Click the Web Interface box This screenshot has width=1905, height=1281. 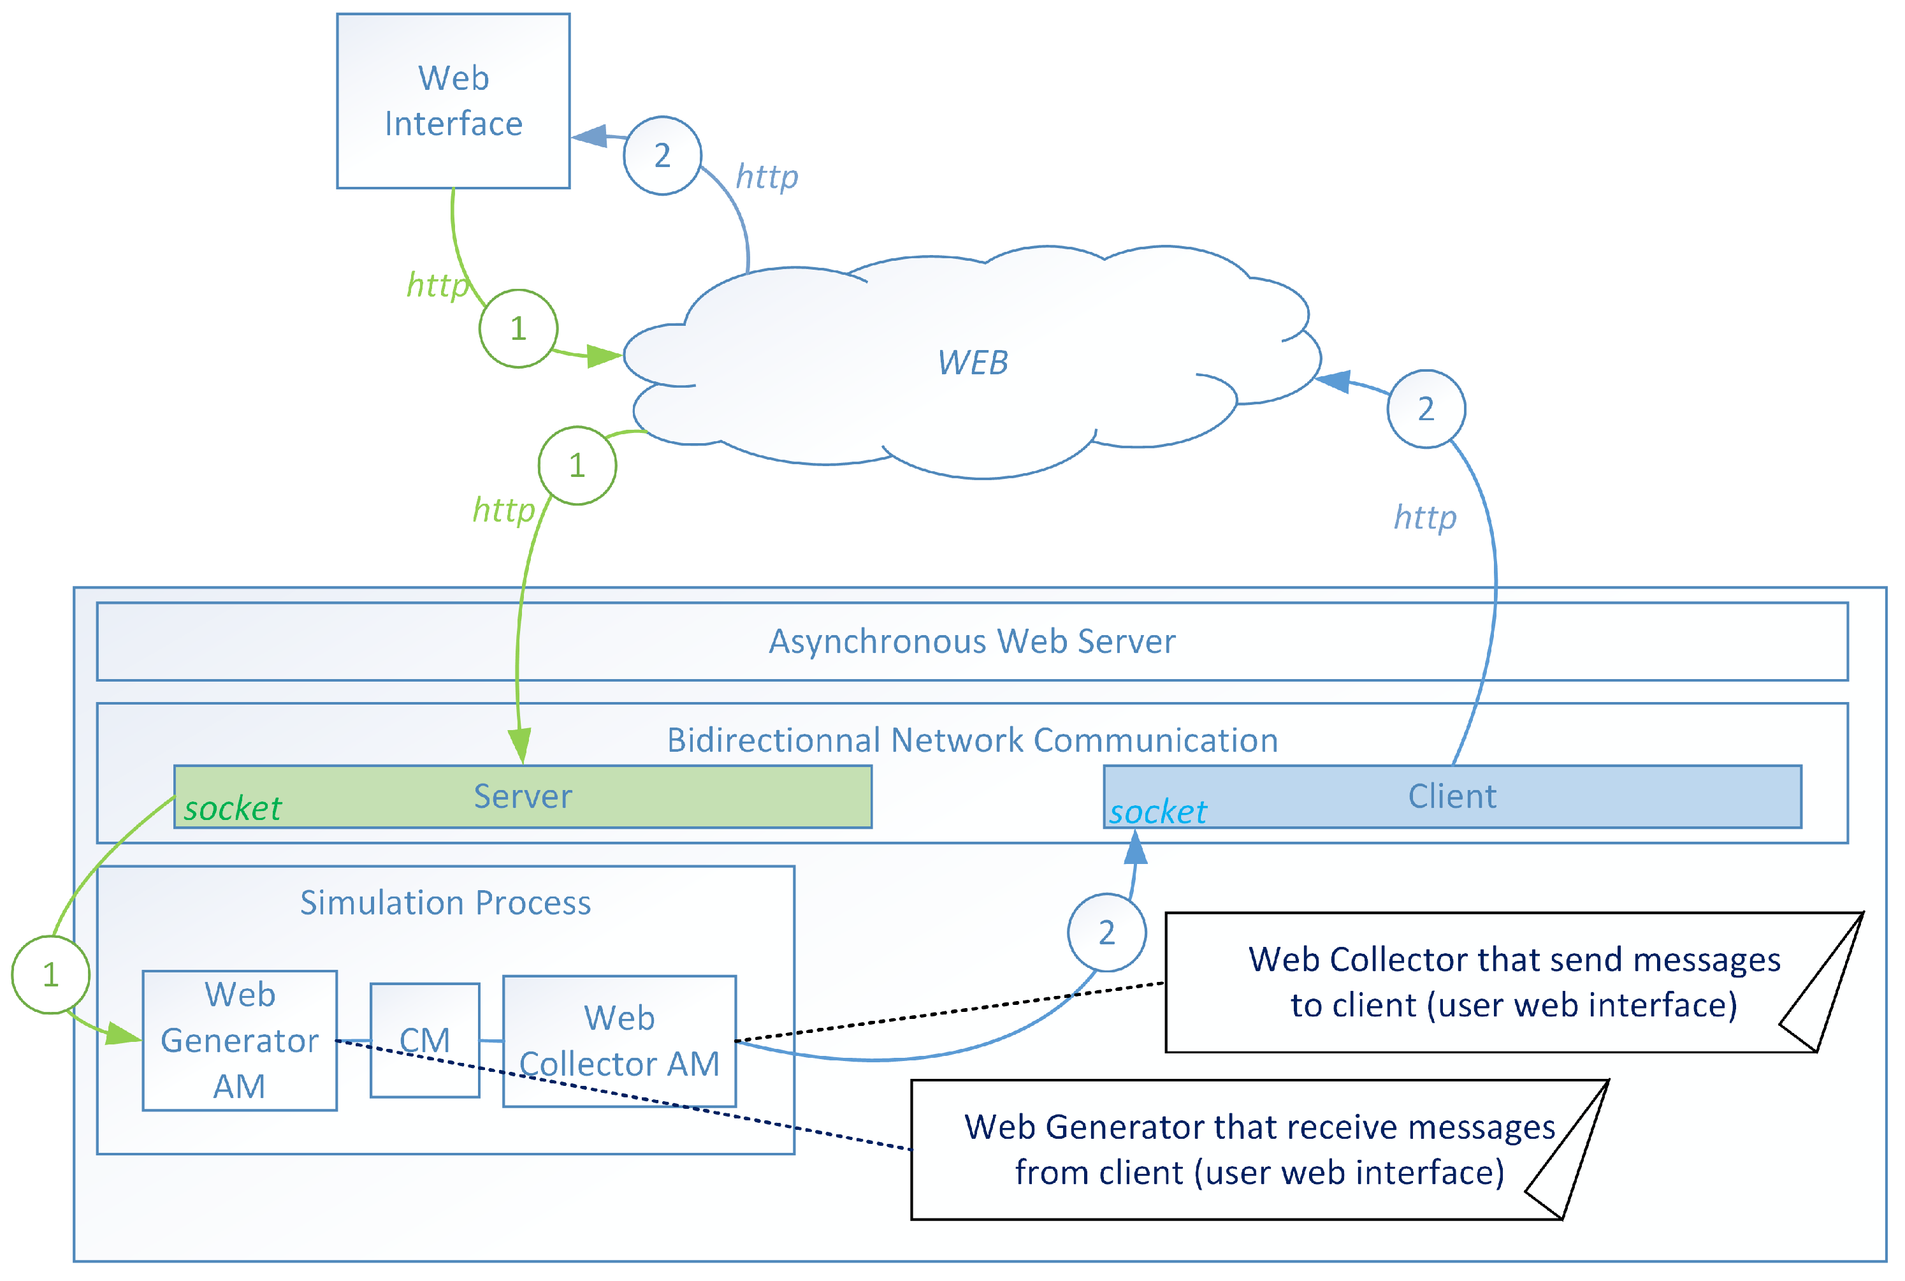(453, 101)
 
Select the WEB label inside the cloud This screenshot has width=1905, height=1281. (972, 363)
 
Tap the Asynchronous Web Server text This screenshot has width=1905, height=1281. (972, 641)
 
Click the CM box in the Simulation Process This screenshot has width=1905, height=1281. (424, 1040)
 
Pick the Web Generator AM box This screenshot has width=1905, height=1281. (239, 1040)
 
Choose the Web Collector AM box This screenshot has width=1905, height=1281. (619, 1041)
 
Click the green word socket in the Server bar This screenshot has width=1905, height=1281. (233, 809)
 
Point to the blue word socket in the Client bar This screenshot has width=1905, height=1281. (1157, 812)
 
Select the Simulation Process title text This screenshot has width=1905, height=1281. (445, 903)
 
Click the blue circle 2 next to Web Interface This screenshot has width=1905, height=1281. (662, 155)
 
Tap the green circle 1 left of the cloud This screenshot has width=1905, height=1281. (518, 328)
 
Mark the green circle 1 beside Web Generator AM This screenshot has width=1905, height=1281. (50, 975)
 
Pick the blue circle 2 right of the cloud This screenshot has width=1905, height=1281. (1426, 409)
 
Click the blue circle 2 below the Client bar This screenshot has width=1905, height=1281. (1106, 932)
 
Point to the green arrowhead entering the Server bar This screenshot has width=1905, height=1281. (520, 746)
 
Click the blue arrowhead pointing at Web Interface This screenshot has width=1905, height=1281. (590, 136)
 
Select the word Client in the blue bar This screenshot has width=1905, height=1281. (1452, 796)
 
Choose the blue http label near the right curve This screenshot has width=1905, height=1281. (1425, 517)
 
